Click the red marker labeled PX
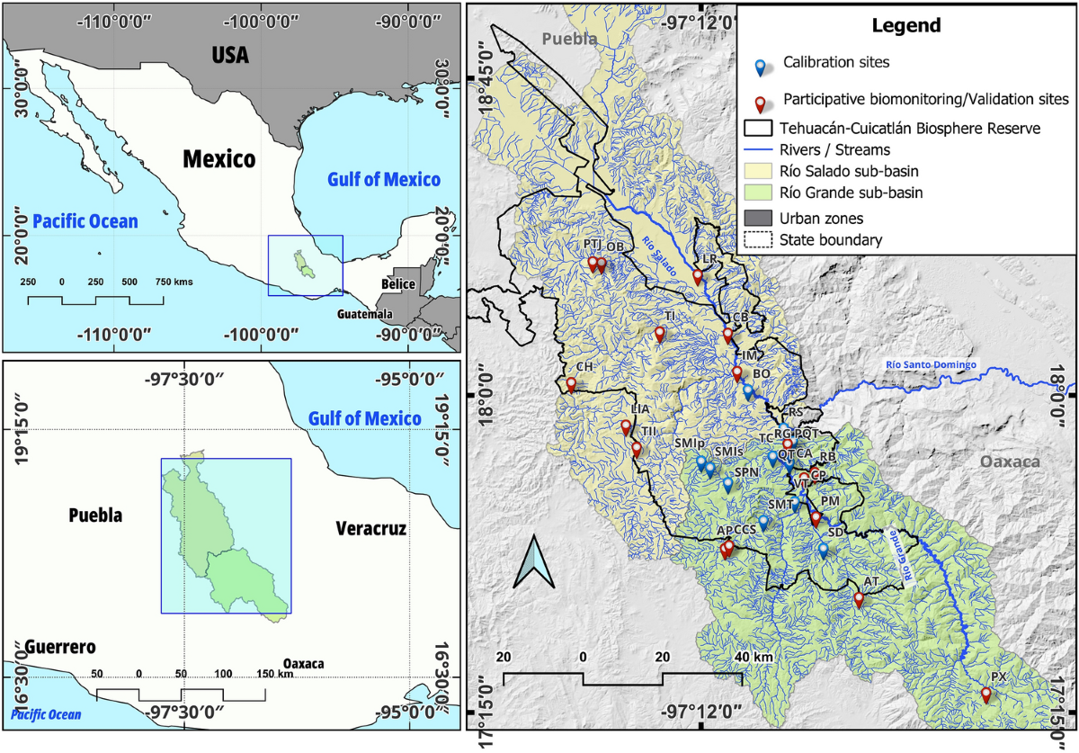(985, 695)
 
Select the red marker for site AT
(859, 599)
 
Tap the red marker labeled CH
(571, 384)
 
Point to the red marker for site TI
(659, 334)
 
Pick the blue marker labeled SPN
(728, 485)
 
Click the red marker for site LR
(698, 277)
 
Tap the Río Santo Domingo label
(931, 365)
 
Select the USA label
(230, 56)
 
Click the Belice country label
(397, 284)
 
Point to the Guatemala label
(366, 315)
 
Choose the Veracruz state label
(371, 529)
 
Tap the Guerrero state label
(59, 648)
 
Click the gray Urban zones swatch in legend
(757, 218)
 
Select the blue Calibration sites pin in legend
(761, 67)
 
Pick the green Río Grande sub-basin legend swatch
(757, 193)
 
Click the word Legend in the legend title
(906, 26)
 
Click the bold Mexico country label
(219, 160)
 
